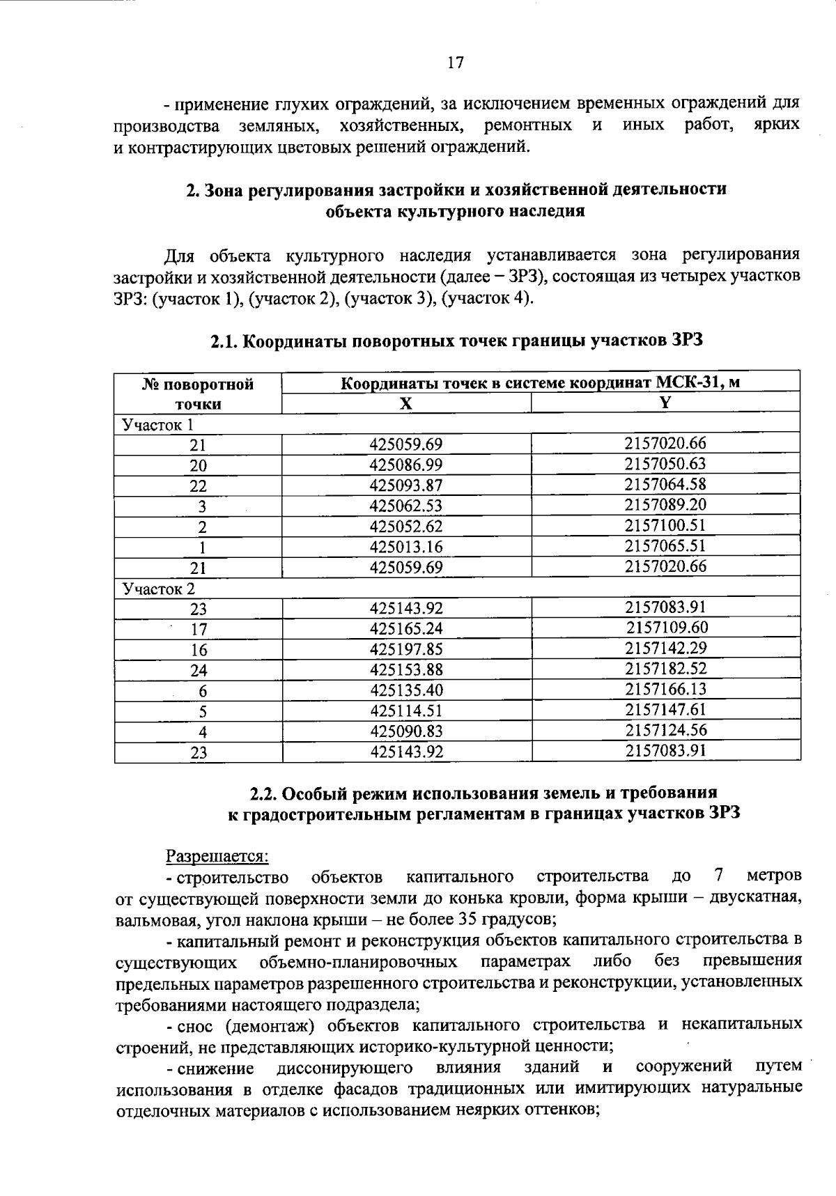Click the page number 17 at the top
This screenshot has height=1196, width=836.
[455, 63]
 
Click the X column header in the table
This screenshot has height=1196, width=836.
[406, 404]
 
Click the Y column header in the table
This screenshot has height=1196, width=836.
[665, 403]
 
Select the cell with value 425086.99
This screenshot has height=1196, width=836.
[406, 465]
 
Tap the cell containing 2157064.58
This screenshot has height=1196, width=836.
[665, 484]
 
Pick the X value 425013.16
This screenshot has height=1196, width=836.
[406, 547]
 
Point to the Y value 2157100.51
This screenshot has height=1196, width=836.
[665, 525]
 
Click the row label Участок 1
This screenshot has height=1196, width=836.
[157, 425]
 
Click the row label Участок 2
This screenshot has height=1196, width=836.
[159, 589]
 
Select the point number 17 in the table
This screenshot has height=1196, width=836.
[199, 630]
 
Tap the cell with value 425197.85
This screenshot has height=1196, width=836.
[406, 650]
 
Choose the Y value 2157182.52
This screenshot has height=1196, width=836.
[665, 669]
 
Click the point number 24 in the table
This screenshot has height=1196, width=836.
[199, 671]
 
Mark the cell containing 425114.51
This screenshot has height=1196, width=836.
[406, 711]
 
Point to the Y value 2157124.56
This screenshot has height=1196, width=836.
[665, 731]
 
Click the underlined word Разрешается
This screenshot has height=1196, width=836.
[216, 855]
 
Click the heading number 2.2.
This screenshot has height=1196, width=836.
[265, 793]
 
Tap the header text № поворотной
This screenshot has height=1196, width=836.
[199, 385]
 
